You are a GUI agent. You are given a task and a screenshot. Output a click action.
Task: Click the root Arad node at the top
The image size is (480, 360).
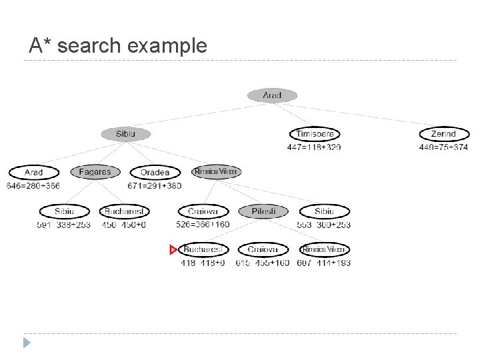point(272,95)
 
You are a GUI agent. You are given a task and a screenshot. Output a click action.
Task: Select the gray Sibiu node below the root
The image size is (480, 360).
point(125,134)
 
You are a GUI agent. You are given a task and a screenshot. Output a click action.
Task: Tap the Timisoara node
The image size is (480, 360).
point(314,134)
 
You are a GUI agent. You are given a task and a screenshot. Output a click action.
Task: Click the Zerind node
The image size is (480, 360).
point(443,134)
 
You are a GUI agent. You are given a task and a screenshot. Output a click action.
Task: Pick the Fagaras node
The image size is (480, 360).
point(95,172)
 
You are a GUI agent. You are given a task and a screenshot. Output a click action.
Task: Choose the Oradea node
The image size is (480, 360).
point(155,173)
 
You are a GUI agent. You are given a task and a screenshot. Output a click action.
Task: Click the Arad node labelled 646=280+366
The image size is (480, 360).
point(33,173)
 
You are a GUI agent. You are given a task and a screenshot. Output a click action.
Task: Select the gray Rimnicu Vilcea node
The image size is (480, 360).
point(216,172)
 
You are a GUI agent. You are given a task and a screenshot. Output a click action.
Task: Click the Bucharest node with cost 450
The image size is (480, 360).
point(125,211)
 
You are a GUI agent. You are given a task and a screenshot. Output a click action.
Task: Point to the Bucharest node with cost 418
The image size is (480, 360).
point(203,249)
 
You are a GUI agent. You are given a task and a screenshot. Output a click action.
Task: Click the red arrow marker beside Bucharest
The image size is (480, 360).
point(173,250)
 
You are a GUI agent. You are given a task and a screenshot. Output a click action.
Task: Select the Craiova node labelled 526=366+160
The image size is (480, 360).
point(203,211)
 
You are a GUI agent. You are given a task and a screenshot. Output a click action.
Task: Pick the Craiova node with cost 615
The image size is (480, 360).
point(263,249)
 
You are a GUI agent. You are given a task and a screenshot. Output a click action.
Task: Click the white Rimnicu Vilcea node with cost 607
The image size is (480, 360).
point(324,249)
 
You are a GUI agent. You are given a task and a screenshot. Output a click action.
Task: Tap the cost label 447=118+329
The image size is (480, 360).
point(314,147)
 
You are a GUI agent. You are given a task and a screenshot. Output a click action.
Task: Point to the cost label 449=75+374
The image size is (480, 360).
point(443,147)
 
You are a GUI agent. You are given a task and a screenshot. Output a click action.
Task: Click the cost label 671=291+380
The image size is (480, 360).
point(155,185)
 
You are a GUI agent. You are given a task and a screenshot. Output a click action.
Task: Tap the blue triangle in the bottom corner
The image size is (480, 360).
point(27,343)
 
